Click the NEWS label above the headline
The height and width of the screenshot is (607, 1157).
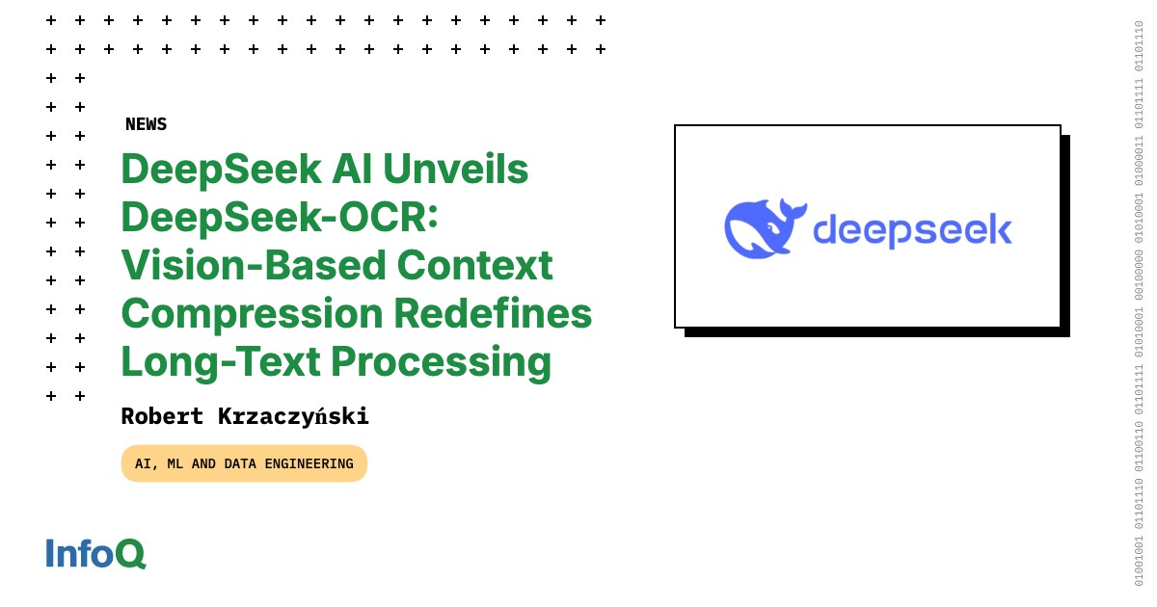point(147,124)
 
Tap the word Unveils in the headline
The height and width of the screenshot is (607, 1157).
point(455,169)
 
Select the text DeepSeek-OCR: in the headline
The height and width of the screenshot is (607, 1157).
point(280,218)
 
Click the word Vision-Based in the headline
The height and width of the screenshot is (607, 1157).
point(255,265)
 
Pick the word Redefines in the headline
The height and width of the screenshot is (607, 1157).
point(494,313)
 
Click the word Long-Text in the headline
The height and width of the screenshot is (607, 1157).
point(221,362)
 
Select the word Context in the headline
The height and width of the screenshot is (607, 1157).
point(475,265)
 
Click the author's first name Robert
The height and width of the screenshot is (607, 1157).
point(162,416)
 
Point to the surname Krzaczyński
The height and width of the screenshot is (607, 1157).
point(293,417)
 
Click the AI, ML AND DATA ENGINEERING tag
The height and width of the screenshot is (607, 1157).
point(244,463)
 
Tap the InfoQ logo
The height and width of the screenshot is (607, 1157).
point(96,554)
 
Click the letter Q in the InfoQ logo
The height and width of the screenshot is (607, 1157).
point(131,554)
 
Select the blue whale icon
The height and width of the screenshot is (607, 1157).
point(766,228)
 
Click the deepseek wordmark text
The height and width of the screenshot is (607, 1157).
point(913,230)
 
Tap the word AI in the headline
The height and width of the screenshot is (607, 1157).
point(352,169)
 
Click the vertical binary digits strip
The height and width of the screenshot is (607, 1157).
point(1139,303)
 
